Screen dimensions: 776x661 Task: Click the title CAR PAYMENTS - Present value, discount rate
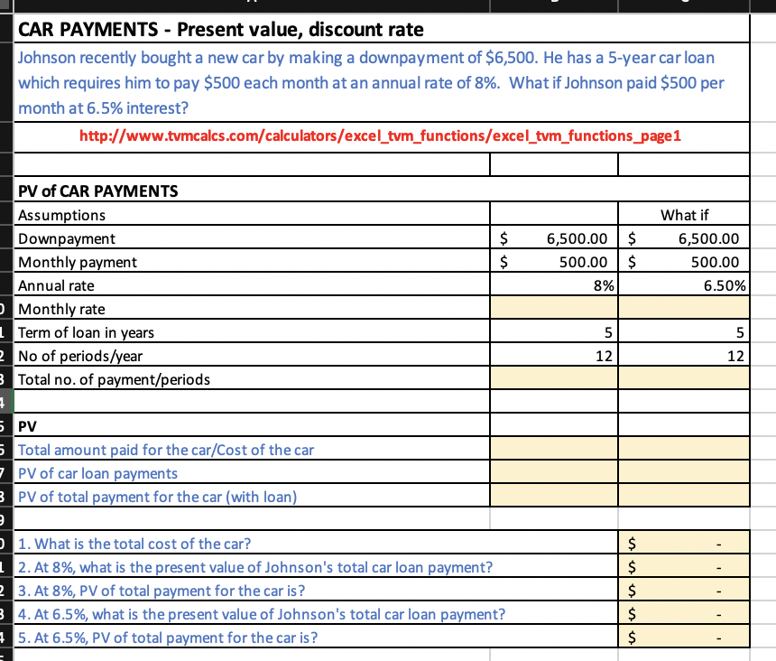coord(221,29)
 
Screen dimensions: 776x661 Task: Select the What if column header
coord(684,215)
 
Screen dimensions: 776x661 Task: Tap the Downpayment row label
coord(68,238)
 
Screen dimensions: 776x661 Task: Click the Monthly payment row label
coord(79,262)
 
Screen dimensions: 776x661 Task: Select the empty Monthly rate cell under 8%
coord(554,309)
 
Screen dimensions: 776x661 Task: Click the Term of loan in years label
coord(87,332)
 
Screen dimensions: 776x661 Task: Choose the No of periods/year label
coord(80,356)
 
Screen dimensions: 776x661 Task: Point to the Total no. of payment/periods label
coord(115,379)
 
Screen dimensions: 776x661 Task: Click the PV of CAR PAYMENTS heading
coord(98,191)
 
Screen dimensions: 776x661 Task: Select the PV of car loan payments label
coord(98,473)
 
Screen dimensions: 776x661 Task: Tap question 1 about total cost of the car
coord(135,544)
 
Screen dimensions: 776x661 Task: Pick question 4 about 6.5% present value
coord(262,614)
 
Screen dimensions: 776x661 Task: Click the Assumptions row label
coord(62,215)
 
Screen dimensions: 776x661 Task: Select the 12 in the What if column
coord(734,356)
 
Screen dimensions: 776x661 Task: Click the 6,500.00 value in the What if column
coord(707,238)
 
